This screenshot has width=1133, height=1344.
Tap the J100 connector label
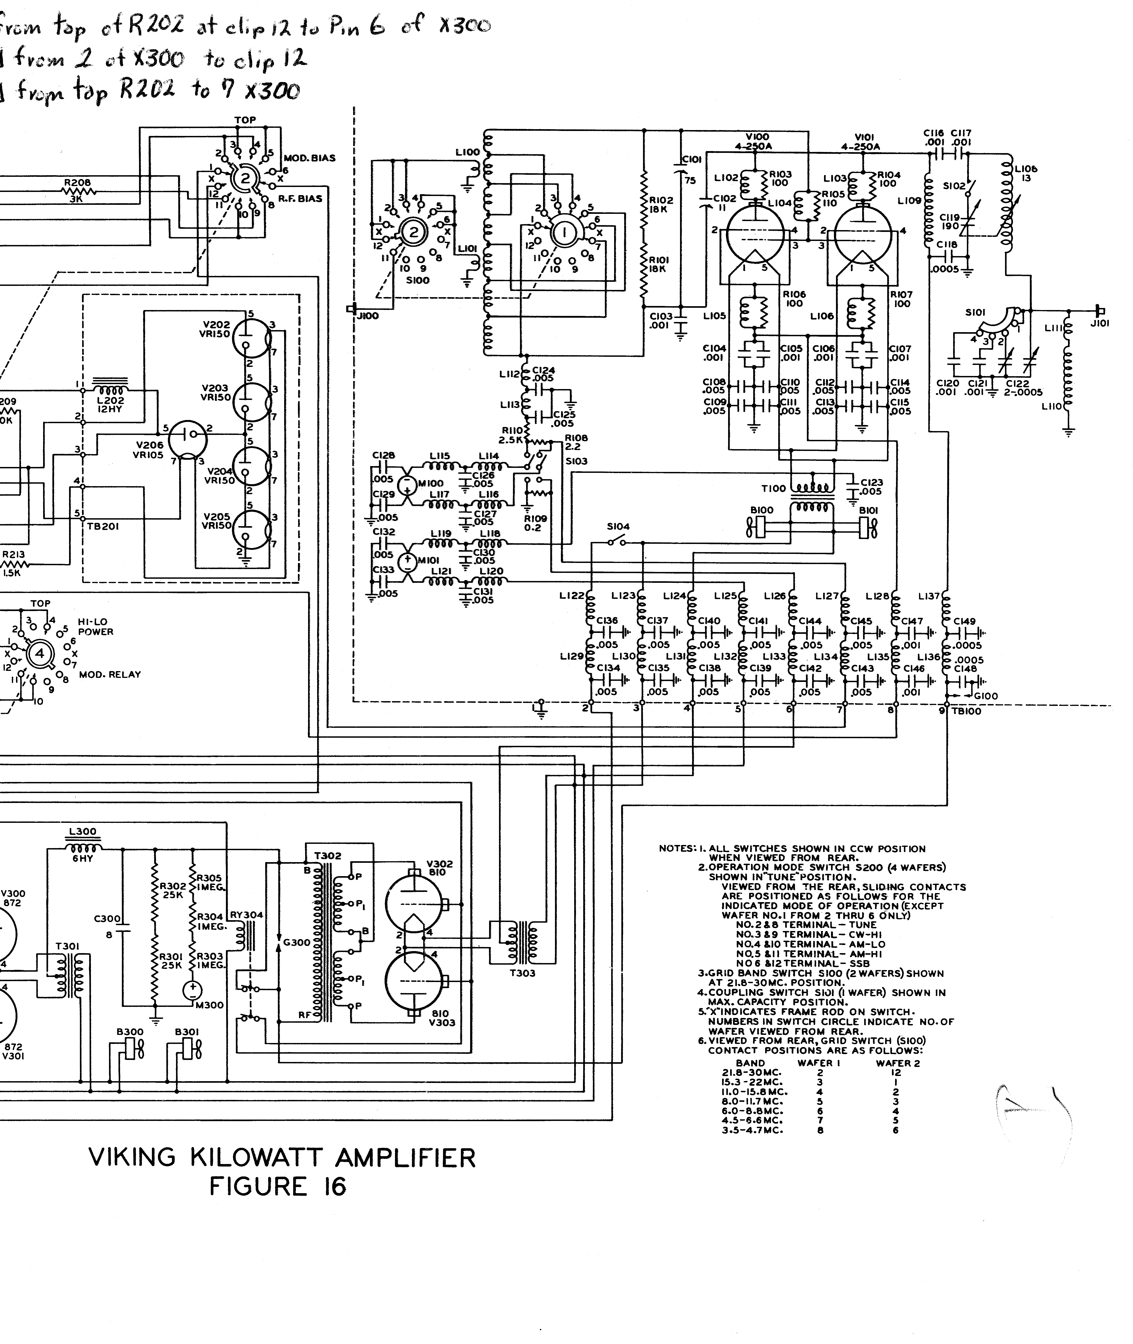pyautogui.click(x=368, y=316)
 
